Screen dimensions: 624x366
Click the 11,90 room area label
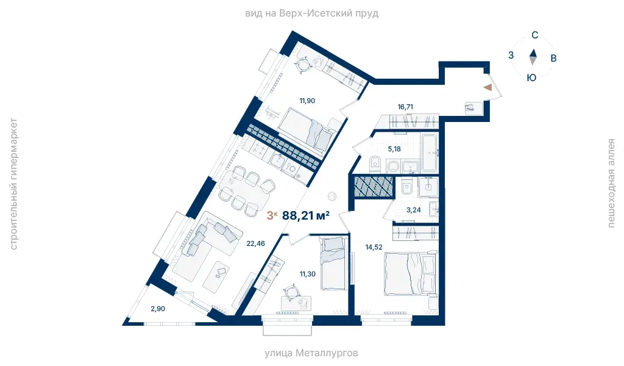coord(307,101)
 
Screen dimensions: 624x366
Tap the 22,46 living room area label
coord(255,243)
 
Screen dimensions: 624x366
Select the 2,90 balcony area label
coord(158,309)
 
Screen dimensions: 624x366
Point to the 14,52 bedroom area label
coord(374,247)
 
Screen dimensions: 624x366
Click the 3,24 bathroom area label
coord(414,210)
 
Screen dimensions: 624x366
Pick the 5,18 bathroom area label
coord(394,149)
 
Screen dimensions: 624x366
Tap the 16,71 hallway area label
coord(405,107)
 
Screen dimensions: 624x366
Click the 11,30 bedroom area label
coord(308,274)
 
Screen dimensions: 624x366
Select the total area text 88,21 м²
coord(306,215)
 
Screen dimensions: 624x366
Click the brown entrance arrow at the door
coord(488,87)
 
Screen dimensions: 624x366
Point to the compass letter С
coord(535,35)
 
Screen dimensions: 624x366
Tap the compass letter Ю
coord(531,77)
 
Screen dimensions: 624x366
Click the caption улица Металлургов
coord(311,353)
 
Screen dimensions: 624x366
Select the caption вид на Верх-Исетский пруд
coord(311,13)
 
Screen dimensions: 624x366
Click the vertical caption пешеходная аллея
coord(611,183)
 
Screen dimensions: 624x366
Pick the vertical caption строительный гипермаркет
coord(13,184)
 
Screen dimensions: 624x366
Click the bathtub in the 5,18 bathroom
coord(430,153)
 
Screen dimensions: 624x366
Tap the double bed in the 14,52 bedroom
coord(411,273)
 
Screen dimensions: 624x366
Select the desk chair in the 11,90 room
coord(304,64)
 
